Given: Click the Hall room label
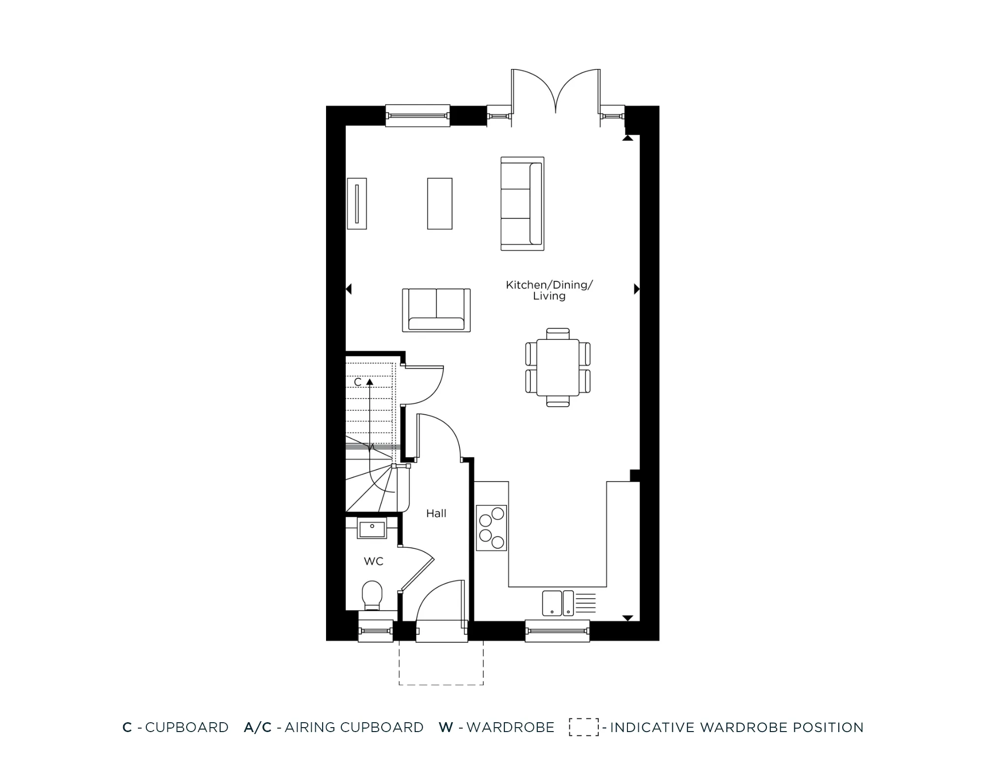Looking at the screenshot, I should coord(436,513).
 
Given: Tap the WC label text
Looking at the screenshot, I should coord(373,561).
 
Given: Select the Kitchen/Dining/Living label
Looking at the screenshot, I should coord(549,290).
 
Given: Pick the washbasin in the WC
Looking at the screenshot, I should coord(372,530).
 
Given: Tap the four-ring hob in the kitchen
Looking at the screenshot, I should coord(492,528).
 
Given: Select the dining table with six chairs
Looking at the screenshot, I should coord(558,367).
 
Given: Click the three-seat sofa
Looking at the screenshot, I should coord(522,203).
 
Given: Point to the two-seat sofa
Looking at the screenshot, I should coord(436,310).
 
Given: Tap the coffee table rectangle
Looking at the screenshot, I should coord(439,203).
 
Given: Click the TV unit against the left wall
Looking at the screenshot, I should coord(357,203).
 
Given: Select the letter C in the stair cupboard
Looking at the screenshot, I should coord(358,382).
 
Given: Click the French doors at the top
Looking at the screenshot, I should coord(556,94).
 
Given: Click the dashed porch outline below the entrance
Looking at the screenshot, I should coord(441,684).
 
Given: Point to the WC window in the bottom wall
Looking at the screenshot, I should coord(375,631).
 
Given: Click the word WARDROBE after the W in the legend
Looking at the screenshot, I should coord(510,727).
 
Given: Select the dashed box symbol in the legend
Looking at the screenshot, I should coord(584,727).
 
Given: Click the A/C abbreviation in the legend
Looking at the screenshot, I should coord(258,727).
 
